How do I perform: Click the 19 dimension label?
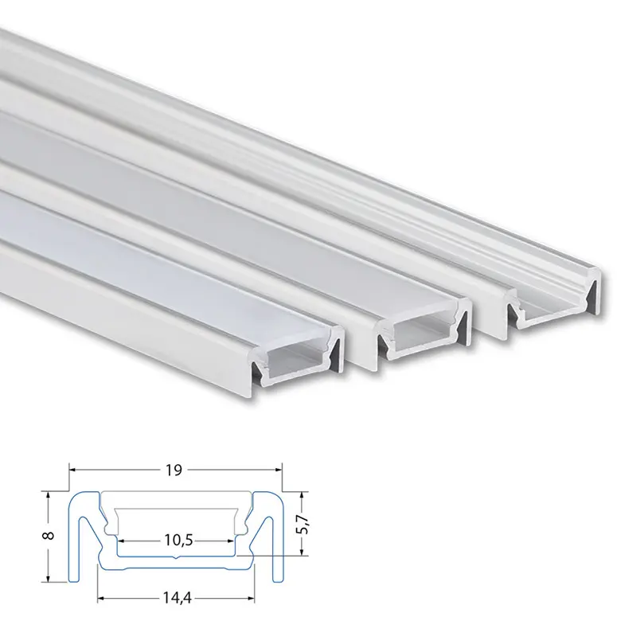(173, 470)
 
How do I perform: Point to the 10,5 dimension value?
(178, 541)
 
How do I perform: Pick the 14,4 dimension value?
(177, 599)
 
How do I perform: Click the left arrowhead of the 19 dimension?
(73, 470)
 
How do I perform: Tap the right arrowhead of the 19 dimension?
(278, 470)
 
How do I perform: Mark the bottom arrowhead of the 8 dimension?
(49, 577)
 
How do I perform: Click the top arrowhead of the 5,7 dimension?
(302, 496)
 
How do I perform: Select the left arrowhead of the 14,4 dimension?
(102, 599)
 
